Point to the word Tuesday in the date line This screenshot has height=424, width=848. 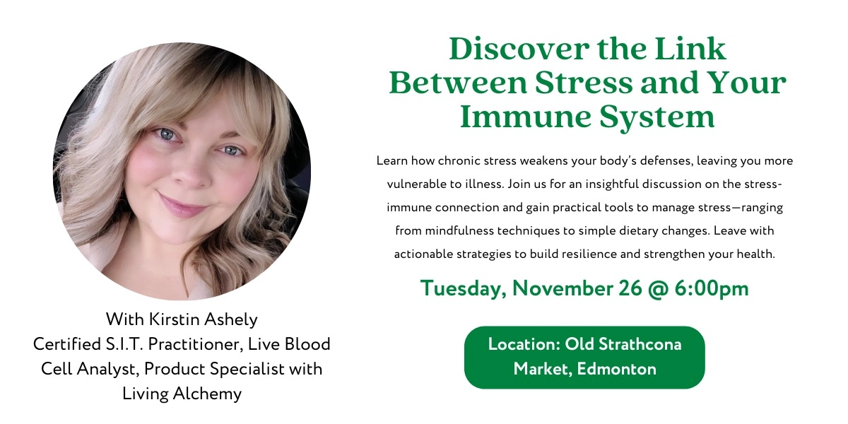pyautogui.click(x=461, y=288)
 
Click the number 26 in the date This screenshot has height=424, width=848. pyautogui.click(x=636, y=288)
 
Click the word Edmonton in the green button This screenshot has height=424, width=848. pyautogui.click(x=616, y=369)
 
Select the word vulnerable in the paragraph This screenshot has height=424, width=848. pyautogui.click(x=418, y=184)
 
